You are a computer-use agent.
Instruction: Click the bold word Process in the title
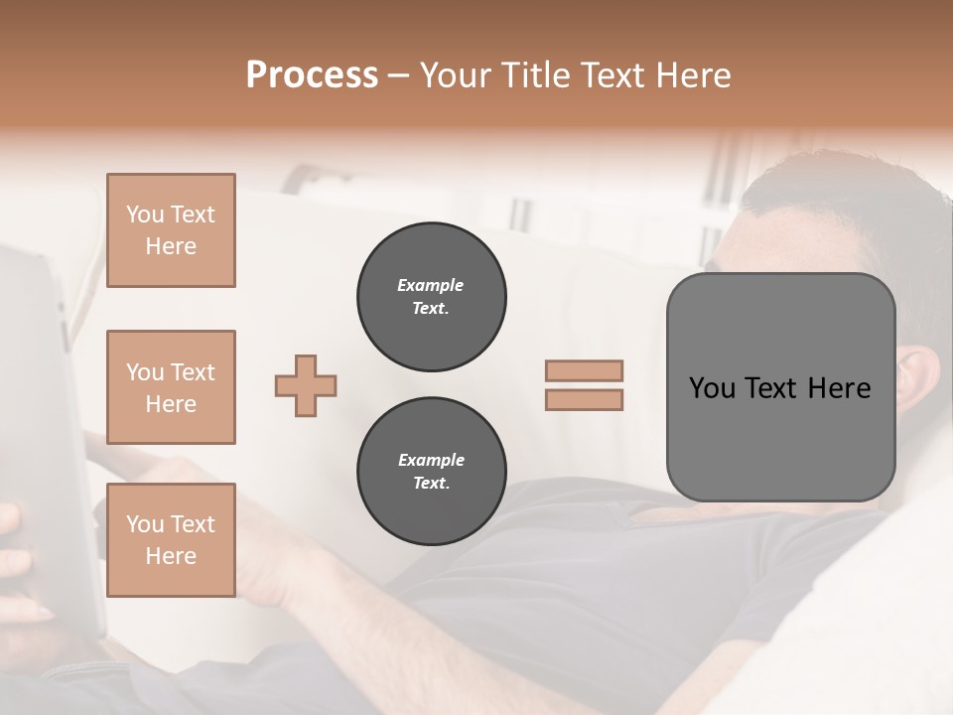click(312, 75)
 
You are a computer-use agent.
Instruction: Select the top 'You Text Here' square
click(171, 230)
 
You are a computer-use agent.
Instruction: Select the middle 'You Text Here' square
click(171, 387)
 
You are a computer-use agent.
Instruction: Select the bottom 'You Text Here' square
click(171, 539)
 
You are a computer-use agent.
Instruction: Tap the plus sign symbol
click(306, 385)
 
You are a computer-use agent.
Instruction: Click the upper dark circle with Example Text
click(431, 297)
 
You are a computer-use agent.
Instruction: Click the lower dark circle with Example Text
click(431, 472)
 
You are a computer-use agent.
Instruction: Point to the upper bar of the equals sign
click(584, 370)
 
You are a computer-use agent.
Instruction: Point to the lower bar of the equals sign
click(584, 399)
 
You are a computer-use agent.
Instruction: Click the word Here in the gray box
click(839, 388)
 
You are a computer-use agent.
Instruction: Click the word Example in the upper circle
click(431, 286)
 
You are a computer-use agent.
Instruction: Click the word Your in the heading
click(452, 75)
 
